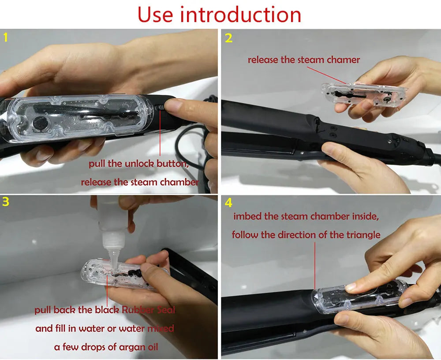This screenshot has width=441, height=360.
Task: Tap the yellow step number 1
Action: click(5, 37)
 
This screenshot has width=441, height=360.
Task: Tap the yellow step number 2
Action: click(228, 38)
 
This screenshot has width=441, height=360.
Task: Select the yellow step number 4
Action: click(228, 203)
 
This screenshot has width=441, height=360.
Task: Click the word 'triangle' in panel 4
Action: click(362, 235)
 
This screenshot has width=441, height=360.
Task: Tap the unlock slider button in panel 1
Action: click(160, 109)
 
